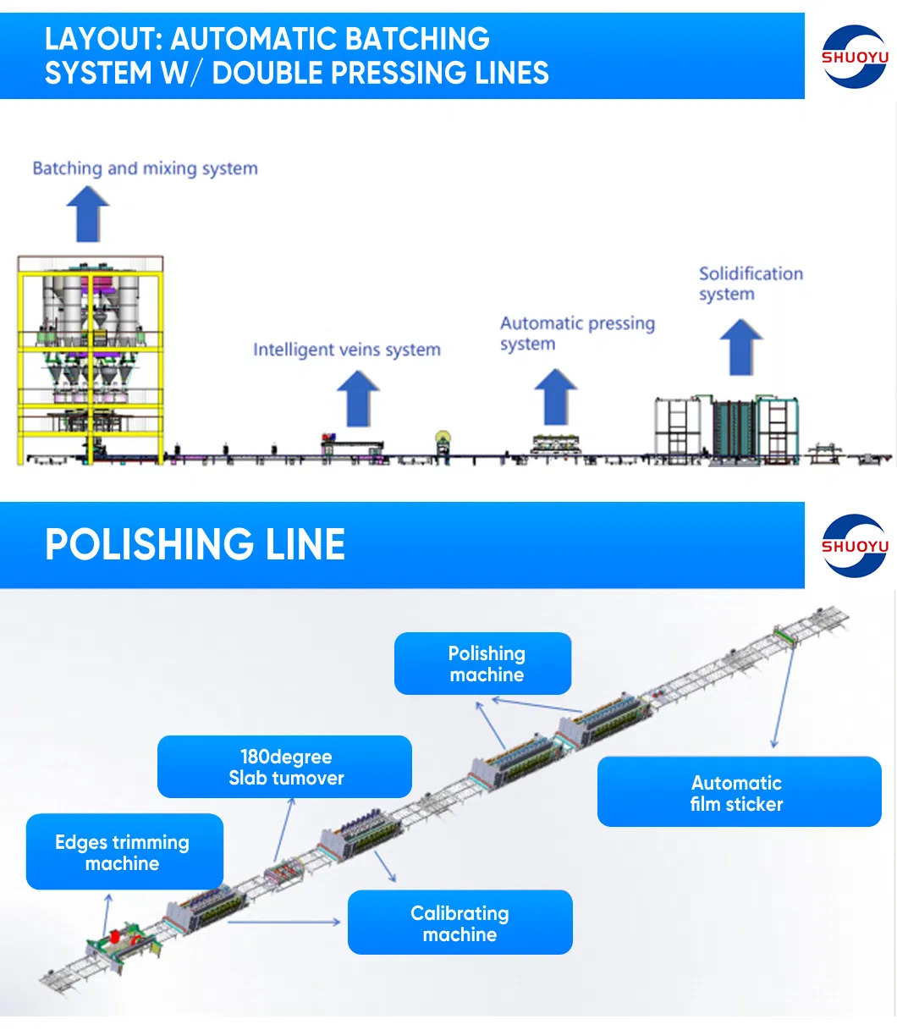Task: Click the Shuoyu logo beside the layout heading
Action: click(x=855, y=57)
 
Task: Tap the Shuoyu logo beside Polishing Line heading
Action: click(x=855, y=546)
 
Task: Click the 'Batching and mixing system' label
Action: click(x=145, y=168)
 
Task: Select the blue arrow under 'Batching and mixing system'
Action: click(x=88, y=213)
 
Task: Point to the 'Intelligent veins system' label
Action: click(x=346, y=350)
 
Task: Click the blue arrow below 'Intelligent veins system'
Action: click(x=358, y=398)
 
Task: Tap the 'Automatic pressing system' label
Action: click(x=576, y=333)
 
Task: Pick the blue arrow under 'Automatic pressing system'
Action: click(x=556, y=396)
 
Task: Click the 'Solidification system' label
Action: click(x=750, y=284)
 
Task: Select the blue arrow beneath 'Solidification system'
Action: click(x=741, y=346)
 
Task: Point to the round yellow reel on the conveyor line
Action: click(x=443, y=439)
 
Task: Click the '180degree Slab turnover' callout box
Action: click(x=285, y=767)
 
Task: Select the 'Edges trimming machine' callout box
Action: click(x=124, y=851)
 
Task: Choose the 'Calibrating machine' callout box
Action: click(x=460, y=923)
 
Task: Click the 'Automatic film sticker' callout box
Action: click(x=739, y=792)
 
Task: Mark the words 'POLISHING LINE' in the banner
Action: click(x=195, y=544)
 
